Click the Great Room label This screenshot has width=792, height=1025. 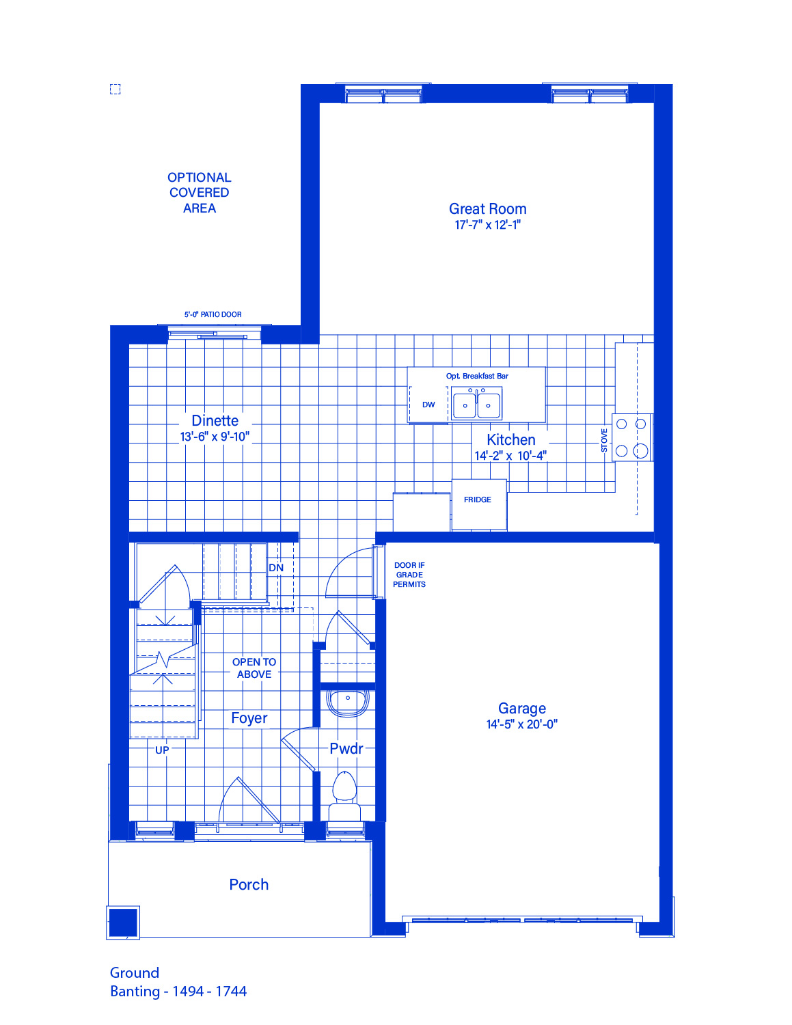tap(487, 208)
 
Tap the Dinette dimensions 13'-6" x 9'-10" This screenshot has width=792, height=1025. tap(215, 437)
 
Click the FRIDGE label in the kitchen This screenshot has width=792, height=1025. tap(478, 500)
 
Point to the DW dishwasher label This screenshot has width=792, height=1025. tap(428, 405)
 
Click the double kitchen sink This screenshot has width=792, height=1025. tap(476, 405)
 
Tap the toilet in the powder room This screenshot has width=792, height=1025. tap(344, 797)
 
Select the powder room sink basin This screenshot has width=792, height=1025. tap(348, 703)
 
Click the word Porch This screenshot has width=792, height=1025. tap(249, 884)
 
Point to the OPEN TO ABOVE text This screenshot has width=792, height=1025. tap(254, 668)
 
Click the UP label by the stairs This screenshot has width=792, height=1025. tap(162, 750)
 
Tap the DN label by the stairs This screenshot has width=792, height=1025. tap(276, 568)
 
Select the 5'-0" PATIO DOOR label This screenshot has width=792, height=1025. tap(213, 314)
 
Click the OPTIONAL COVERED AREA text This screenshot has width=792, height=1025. tap(200, 193)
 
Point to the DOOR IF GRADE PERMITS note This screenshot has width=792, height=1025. tap(409, 575)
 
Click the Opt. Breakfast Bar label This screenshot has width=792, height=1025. tap(477, 376)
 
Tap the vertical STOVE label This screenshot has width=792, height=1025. tap(604, 440)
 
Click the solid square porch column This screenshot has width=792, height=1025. tap(123, 922)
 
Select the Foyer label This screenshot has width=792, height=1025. tap(249, 718)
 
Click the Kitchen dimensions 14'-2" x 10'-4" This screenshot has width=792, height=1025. tap(510, 456)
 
